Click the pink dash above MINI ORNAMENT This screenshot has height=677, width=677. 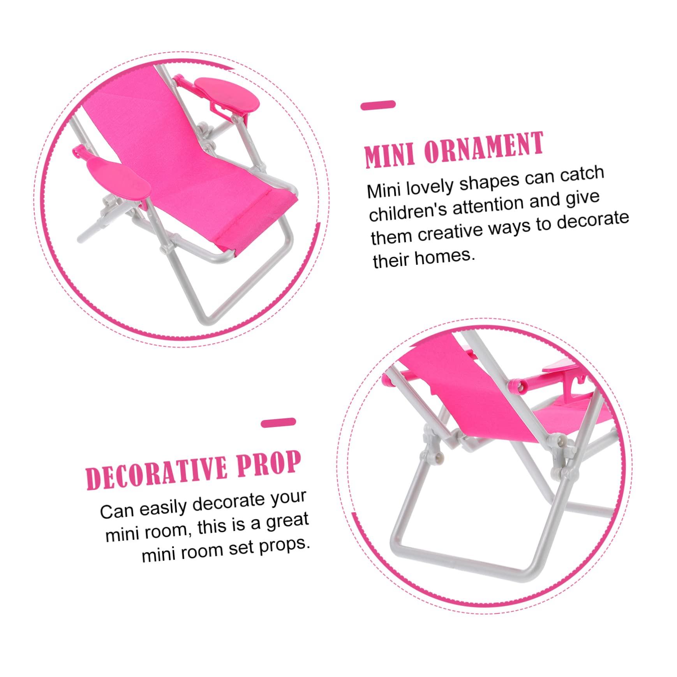pyautogui.click(x=378, y=105)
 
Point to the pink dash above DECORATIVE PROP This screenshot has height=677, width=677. pyautogui.click(x=279, y=423)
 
